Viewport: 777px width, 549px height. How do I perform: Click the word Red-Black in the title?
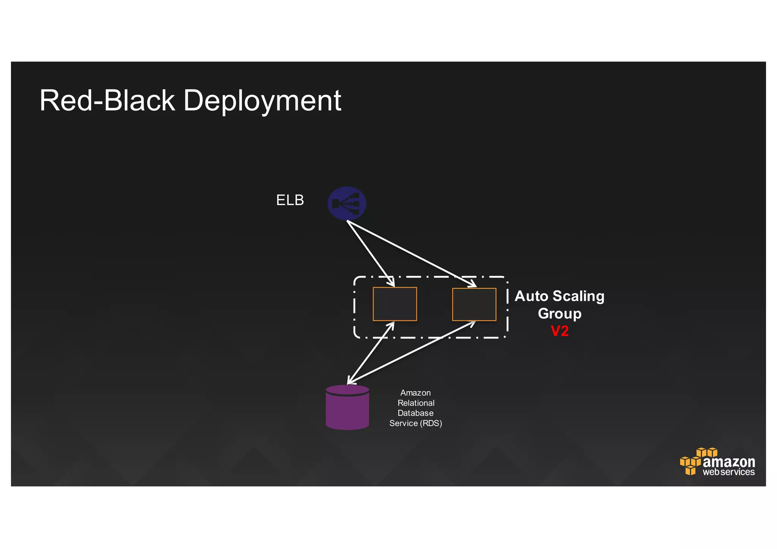click(x=107, y=101)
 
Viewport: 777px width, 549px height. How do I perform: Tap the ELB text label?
click(x=290, y=200)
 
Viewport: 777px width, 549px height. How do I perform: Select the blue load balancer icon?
click(x=347, y=203)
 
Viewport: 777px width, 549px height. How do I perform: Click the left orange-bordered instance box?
click(x=395, y=304)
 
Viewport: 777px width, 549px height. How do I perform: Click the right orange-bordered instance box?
click(x=474, y=304)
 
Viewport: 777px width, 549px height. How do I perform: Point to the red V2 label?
click(x=560, y=331)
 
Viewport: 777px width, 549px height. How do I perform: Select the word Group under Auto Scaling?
click(x=560, y=314)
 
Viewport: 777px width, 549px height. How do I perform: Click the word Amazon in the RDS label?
click(x=415, y=393)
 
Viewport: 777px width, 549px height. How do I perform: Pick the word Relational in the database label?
click(x=416, y=403)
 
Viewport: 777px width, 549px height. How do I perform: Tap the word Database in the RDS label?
click(x=415, y=413)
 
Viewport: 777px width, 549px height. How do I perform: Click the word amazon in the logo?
click(x=729, y=462)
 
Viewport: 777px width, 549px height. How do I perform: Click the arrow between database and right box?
click(x=412, y=352)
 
